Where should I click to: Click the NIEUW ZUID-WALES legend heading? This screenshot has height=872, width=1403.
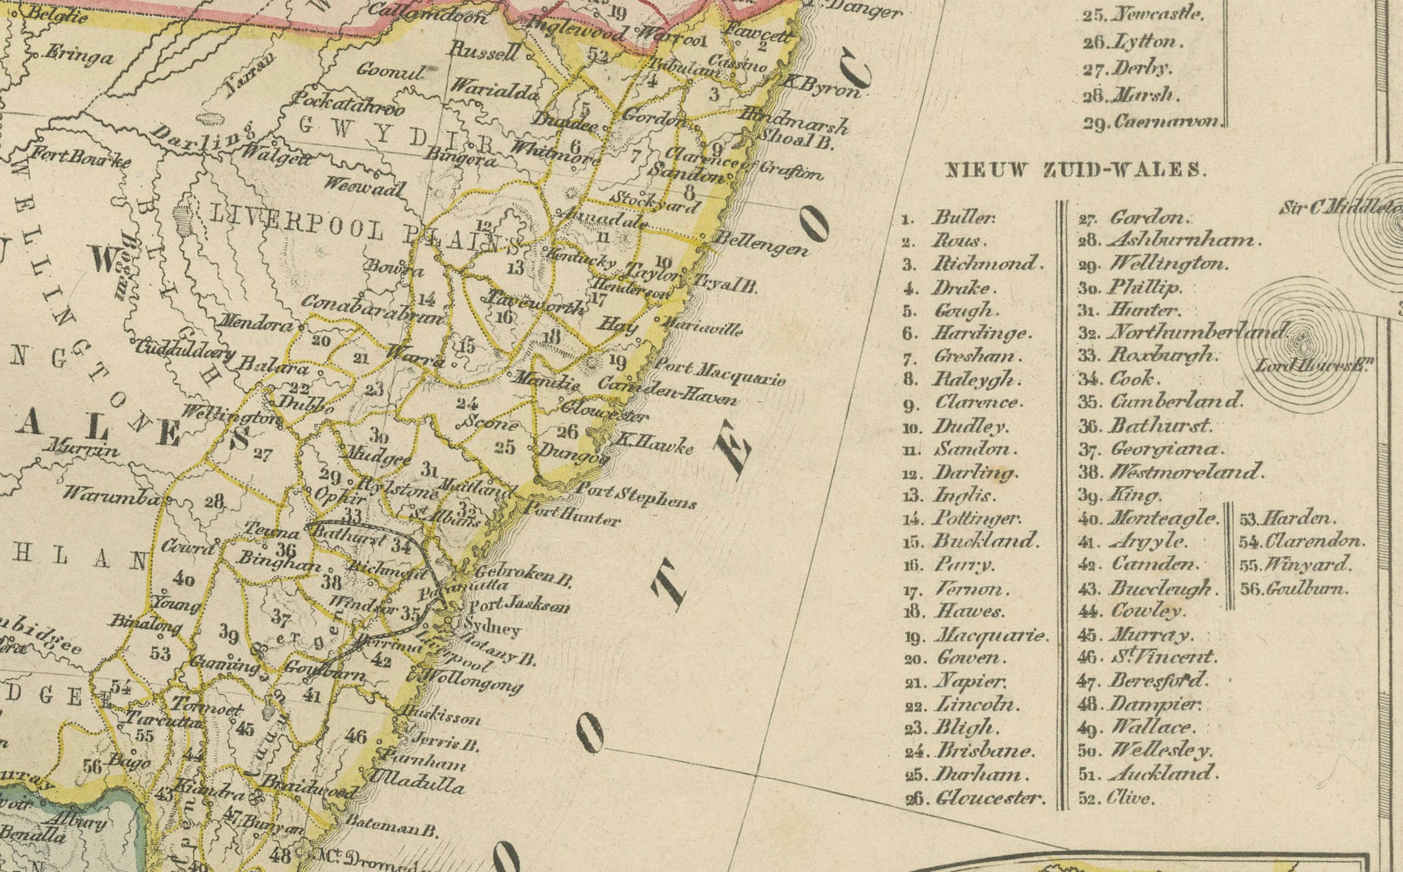point(1075,170)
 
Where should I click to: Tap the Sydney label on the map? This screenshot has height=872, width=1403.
point(492,627)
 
